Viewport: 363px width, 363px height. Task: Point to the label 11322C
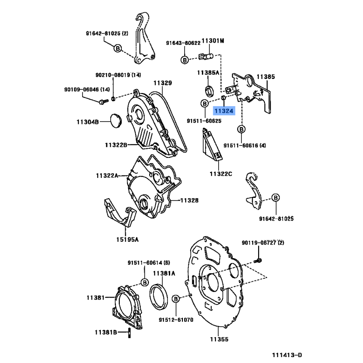[x=221, y=174]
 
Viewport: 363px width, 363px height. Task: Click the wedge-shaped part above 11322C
[x=211, y=145]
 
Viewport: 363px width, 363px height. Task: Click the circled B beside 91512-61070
[x=176, y=298]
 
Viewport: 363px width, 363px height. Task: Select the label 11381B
[x=106, y=332]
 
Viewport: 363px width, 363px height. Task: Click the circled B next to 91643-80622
[x=185, y=59]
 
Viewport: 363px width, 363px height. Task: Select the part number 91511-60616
[x=241, y=145]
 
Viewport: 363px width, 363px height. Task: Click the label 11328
[x=190, y=200]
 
